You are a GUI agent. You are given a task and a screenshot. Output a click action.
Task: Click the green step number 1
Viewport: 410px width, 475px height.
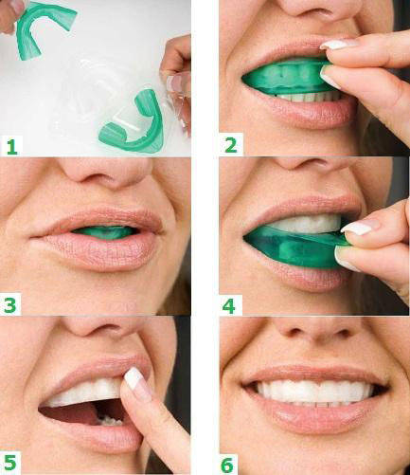[12, 146]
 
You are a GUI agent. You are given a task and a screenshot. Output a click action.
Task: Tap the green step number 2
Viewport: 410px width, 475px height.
[231, 145]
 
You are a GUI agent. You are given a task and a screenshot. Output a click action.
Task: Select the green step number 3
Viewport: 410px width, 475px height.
[10, 304]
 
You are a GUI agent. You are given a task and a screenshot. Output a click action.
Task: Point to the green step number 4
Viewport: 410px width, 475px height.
[229, 305]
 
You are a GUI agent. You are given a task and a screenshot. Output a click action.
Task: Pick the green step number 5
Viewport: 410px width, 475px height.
[10, 463]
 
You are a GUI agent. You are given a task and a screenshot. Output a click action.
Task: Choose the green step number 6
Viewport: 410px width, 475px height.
[227, 464]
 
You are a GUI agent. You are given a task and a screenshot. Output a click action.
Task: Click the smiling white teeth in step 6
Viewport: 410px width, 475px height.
[315, 392]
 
